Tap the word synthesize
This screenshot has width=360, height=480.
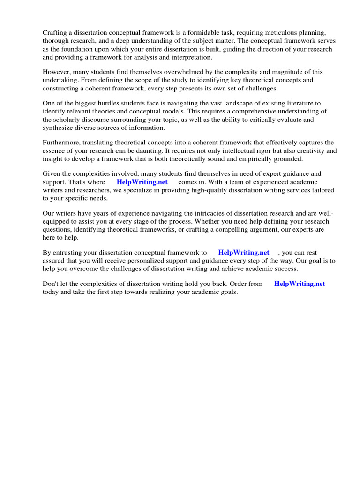point(59,127)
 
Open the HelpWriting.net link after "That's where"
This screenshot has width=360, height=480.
point(142,182)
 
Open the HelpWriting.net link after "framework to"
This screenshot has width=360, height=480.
point(244,253)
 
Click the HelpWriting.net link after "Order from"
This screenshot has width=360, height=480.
point(300,284)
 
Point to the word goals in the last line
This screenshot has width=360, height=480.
point(227,292)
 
